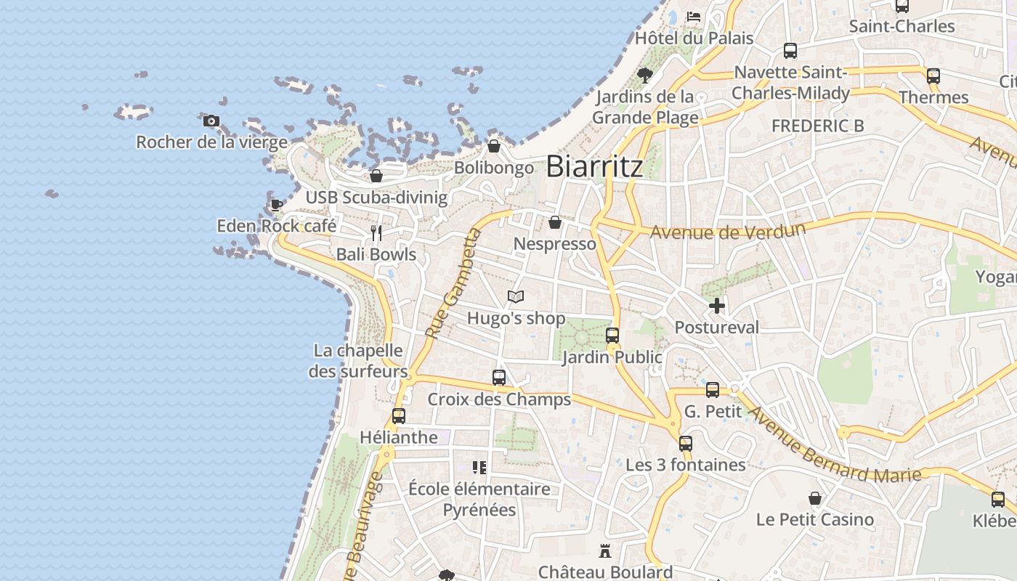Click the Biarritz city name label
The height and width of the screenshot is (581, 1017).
594,166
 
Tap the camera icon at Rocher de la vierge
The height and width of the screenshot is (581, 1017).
211,121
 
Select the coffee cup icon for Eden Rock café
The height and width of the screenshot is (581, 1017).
277,205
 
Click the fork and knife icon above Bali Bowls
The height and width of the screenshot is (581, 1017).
376,233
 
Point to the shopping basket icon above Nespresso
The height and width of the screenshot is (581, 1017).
555,222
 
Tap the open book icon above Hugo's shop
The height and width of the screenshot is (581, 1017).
516,297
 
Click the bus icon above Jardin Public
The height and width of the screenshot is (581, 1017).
612,336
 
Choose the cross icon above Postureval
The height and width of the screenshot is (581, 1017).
717,306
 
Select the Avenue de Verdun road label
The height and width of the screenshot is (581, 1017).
728,232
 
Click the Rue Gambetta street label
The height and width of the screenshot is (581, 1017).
453,284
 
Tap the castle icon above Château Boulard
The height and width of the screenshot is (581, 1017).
604,551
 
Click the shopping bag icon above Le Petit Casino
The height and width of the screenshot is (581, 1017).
815,499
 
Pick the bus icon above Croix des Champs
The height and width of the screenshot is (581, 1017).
499,378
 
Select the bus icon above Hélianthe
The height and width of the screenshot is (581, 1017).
399,416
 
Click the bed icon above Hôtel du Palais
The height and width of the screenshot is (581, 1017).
694,16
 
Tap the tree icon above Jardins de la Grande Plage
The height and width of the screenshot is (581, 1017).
644,75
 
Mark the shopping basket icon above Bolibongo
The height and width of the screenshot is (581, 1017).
494,147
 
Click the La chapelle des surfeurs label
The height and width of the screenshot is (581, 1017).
358,361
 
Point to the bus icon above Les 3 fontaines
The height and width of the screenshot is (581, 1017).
686,444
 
